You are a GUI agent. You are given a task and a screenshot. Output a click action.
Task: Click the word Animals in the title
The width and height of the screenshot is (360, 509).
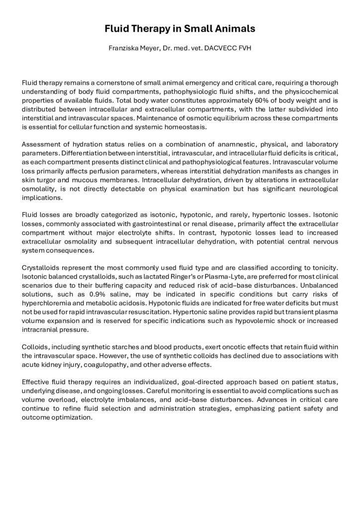(x=234, y=29)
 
